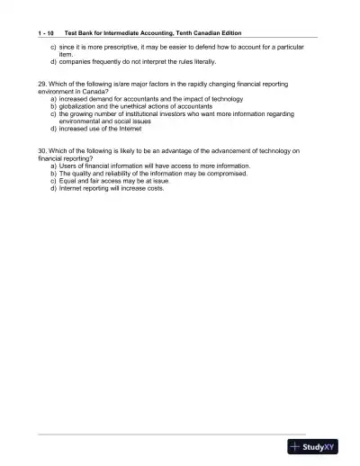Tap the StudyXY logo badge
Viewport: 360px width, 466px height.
point(311,445)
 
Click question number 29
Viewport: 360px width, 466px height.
point(42,84)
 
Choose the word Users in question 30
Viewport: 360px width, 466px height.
point(68,166)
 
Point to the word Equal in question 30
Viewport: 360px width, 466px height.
point(68,181)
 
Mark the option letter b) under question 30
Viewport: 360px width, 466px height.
point(53,173)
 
